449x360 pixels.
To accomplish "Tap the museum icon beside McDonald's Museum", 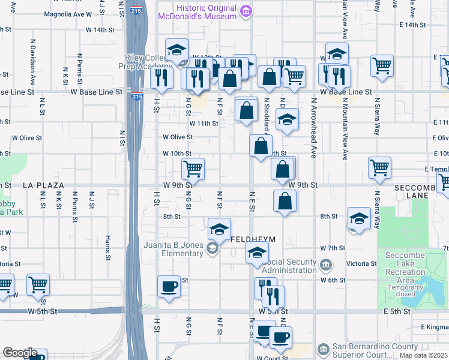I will click(245, 12).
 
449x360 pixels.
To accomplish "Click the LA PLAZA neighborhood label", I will click(43, 186).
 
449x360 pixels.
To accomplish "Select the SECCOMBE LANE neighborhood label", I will click(420, 191).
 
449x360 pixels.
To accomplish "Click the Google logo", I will click(20, 353).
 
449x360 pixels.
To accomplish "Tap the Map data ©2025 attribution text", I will click(423, 355).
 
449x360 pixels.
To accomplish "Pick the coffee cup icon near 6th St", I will click(169, 286).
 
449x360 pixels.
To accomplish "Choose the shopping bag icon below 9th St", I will click(285, 200).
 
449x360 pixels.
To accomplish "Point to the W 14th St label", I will click(100, 29).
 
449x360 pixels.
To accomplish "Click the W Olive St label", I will click(178, 137).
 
